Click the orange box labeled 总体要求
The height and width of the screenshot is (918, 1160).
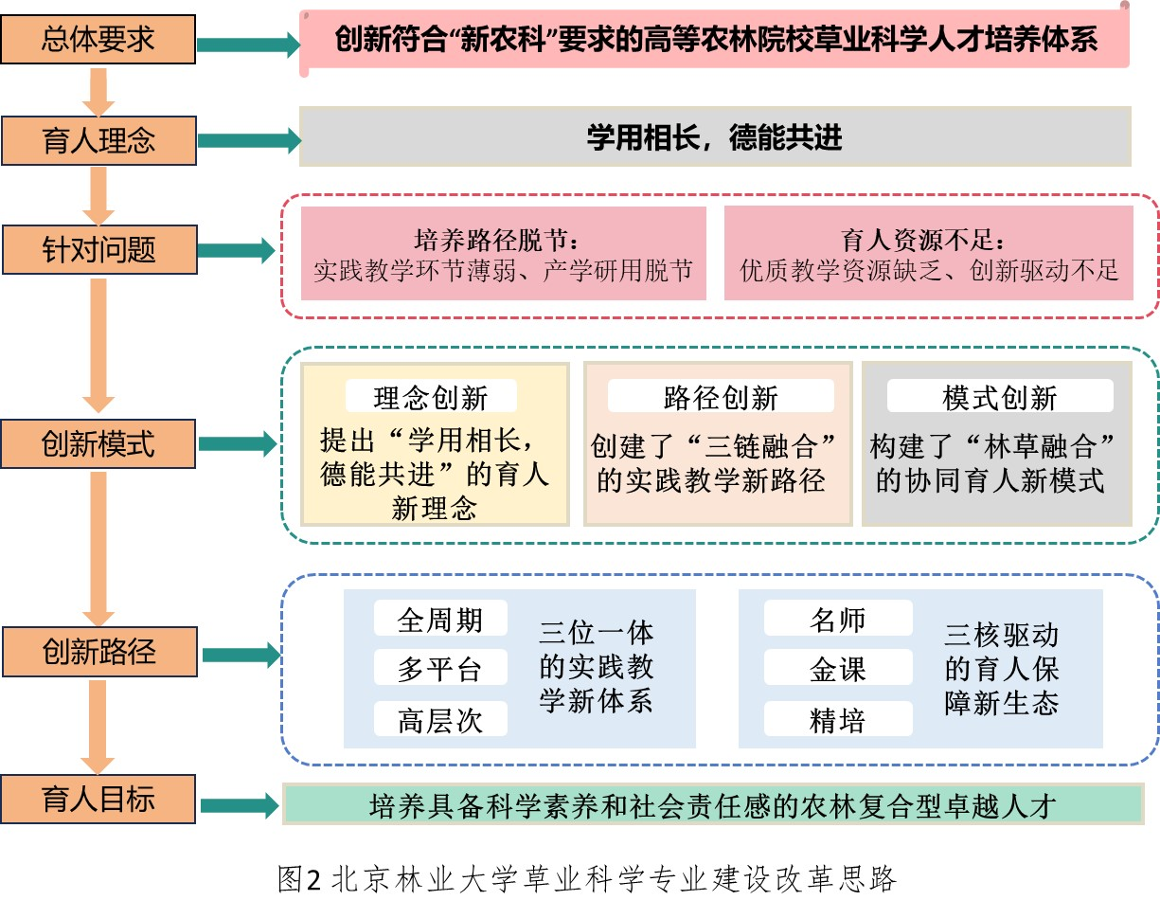click(98, 40)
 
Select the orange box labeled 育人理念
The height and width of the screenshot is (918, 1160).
click(98, 140)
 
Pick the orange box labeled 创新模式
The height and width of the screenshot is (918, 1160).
click(98, 443)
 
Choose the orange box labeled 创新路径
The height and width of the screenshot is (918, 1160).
click(98, 652)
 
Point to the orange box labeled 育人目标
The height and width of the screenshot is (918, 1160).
click(98, 800)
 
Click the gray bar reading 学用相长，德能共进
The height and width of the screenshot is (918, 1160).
click(714, 138)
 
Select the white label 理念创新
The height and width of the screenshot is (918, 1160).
click(431, 397)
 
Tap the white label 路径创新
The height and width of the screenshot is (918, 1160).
click(721, 397)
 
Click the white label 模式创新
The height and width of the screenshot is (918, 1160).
click(999, 397)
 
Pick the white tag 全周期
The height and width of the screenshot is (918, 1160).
click(440, 620)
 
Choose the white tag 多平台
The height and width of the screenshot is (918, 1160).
click(440, 669)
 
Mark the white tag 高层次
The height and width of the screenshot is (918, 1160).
click(440, 720)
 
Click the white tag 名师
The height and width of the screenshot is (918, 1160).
click(837, 620)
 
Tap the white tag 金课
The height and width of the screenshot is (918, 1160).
click(837, 669)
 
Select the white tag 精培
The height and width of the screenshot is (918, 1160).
click(837, 720)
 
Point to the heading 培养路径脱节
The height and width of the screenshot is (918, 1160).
click(503, 239)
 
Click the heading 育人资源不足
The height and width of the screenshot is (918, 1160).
click(927, 239)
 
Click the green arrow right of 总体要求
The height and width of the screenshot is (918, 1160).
click(247, 44)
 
